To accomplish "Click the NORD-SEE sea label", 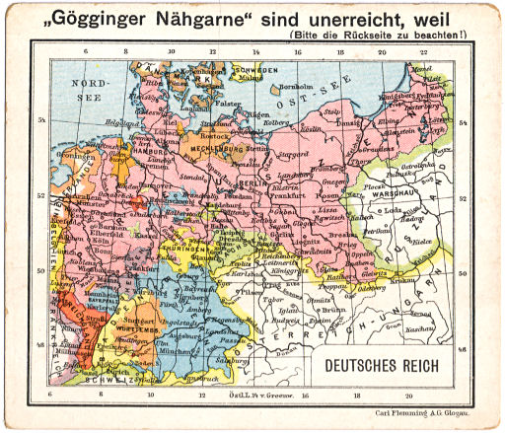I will click(100, 92).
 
